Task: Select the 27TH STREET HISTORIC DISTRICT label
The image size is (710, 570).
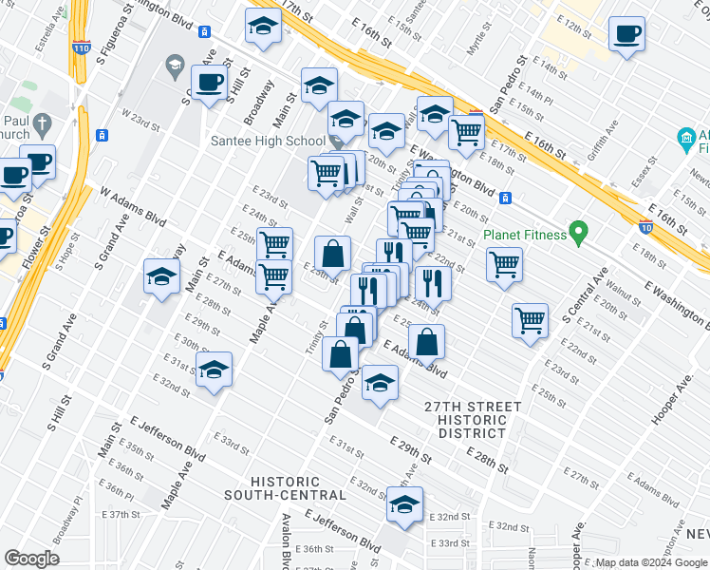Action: pos(473,419)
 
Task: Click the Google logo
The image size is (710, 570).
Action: pos(31,559)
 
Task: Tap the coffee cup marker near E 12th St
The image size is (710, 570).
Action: pos(626,34)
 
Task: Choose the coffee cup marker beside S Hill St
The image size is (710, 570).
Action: pos(209,82)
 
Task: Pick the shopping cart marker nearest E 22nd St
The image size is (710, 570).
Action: pos(504,263)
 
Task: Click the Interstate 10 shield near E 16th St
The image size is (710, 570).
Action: pos(646,226)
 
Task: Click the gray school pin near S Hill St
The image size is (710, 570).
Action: pos(174,66)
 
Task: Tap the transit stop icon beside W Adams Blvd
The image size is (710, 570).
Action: pos(103,134)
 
